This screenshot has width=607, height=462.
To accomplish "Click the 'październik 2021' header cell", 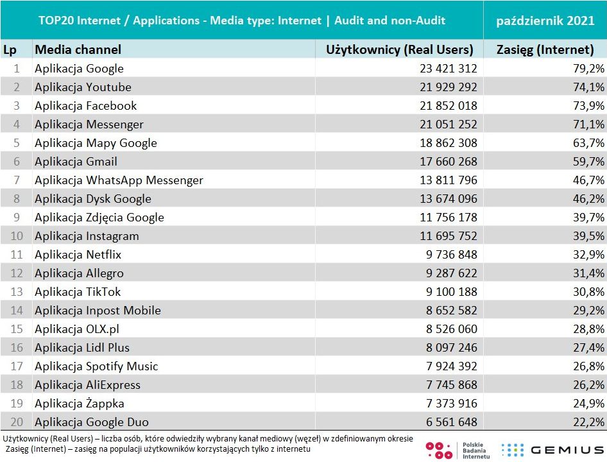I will [x=545, y=21].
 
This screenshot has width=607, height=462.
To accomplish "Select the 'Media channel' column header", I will [x=78, y=49].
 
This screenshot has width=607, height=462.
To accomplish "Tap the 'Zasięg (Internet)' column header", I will [x=545, y=49].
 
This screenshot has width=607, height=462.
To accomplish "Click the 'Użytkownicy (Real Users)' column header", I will [x=399, y=49].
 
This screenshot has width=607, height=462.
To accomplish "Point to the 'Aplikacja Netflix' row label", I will [x=78, y=255].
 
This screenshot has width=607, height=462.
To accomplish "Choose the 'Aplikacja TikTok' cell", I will [x=78, y=292].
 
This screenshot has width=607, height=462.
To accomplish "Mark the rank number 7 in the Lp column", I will [x=17, y=180].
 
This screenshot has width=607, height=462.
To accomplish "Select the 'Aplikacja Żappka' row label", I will [x=80, y=404].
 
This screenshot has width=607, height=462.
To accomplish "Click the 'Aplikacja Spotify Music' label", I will [x=96, y=366].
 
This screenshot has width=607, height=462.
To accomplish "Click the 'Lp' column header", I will [x=10, y=49].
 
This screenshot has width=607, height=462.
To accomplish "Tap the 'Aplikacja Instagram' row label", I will [x=87, y=236].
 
